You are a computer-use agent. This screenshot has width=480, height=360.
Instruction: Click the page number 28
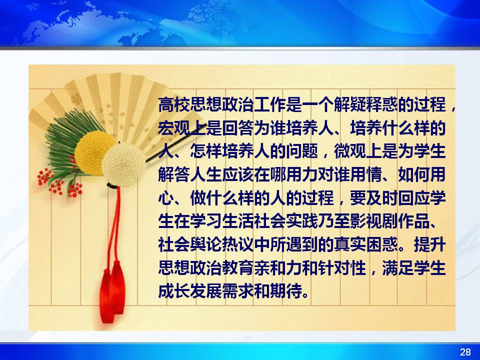click(465, 351)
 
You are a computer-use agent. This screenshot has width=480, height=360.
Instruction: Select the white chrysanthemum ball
click(123, 164)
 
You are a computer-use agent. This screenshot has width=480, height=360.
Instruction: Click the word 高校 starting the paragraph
click(174, 104)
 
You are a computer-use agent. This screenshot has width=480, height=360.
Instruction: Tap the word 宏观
click(174, 128)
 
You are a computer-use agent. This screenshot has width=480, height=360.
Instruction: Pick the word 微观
click(349, 151)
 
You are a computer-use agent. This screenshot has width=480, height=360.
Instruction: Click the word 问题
click(302, 151)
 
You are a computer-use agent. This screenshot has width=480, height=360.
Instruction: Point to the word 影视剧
click(373, 221)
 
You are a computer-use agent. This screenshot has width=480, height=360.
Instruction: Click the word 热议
click(238, 244)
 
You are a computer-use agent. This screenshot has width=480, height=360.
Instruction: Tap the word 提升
click(429, 244)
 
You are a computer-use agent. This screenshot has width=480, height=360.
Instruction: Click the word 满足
click(397, 267)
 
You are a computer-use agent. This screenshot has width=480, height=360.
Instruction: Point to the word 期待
click(286, 291)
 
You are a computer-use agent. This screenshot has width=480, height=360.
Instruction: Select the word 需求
click(238, 291)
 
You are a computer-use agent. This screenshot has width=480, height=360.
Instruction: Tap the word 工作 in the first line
click(269, 104)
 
